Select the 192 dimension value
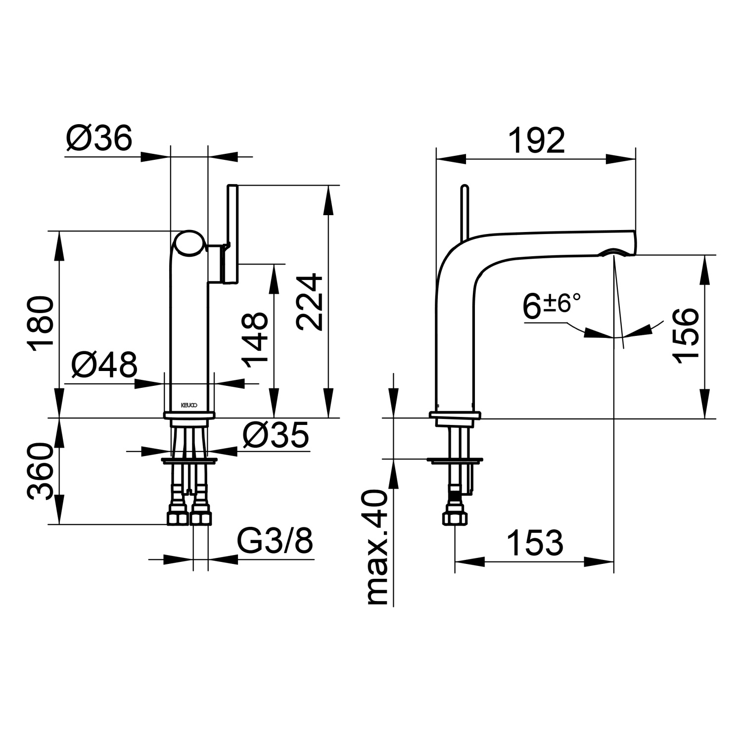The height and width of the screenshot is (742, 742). point(536,140)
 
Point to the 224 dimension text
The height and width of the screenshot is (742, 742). point(310,302)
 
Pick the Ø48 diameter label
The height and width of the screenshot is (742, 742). point(104,366)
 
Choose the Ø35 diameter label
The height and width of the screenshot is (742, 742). point(276,435)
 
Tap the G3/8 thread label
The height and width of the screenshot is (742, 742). point(276,542)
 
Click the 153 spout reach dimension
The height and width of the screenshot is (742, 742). point(535,543)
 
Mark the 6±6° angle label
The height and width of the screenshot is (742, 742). point(551,306)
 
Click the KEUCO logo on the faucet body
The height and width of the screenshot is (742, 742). point(188,405)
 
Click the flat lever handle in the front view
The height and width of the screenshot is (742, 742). point(232,232)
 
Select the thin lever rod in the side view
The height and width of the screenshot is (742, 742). point(464,213)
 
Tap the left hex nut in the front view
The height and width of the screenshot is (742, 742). point(178,517)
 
